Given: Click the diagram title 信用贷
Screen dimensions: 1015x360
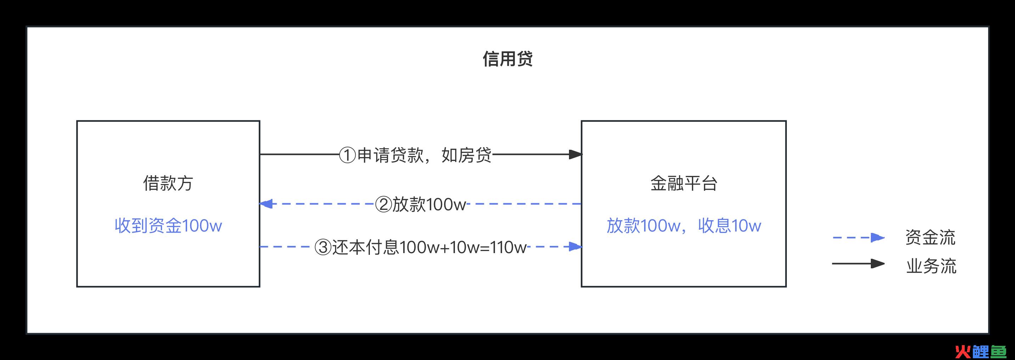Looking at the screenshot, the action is pyautogui.click(x=507, y=59).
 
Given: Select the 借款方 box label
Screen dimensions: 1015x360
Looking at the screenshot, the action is pyautogui.click(x=168, y=183).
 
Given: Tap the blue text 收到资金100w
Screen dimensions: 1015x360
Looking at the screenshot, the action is pyautogui.click(x=168, y=226).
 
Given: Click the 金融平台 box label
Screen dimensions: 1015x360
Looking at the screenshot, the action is pyautogui.click(x=684, y=183).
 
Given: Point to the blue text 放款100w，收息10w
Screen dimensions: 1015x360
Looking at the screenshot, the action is pyautogui.click(x=684, y=226).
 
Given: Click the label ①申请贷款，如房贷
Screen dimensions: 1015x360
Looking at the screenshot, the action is pyautogui.click(x=415, y=155).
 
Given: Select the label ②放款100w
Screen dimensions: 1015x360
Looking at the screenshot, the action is pyautogui.click(x=420, y=204).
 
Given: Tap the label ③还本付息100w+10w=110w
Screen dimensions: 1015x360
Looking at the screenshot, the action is pyautogui.click(x=421, y=247).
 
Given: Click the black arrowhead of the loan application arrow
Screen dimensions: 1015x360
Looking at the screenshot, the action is pyautogui.click(x=576, y=154).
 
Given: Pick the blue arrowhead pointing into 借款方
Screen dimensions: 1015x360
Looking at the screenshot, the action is pyautogui.click(x=266, y=204).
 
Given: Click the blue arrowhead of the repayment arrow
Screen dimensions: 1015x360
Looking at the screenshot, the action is pyautogui.click(x=576, y=247).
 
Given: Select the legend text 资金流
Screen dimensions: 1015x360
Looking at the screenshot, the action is pyautogui.click(x=930, y=238).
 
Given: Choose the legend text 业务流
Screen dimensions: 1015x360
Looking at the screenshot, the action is pyautogui.click(x=931, y=266).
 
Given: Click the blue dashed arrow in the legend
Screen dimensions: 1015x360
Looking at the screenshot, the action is pyautogui.click(x=858, y=238).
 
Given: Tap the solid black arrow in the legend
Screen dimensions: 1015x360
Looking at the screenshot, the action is pyautogui.click(x=858, y=263).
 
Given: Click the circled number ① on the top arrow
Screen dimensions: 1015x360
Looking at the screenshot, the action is pyautogui.click(x=348, y=155).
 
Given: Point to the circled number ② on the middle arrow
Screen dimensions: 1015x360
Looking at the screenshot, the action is pyautogui.click(x=383, y=204).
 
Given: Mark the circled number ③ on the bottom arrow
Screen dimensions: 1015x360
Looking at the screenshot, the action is pyautogui.click(x=323, y=247).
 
